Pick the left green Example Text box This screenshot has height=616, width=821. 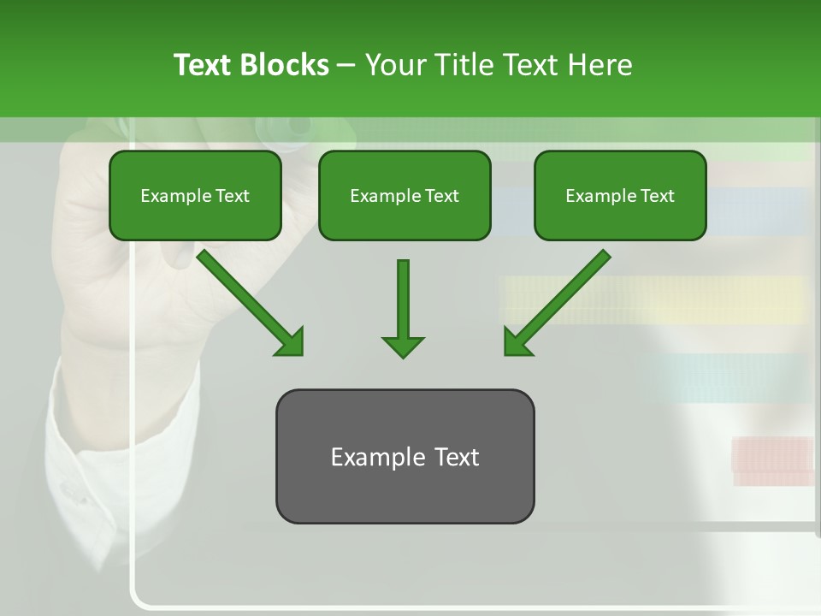coord(195,195)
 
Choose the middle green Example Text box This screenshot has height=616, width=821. coord(405,195)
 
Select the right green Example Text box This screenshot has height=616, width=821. coord(620,195)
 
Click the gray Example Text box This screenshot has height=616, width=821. coord(405,456)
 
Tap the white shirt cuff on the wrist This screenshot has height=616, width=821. coord(120,445)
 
